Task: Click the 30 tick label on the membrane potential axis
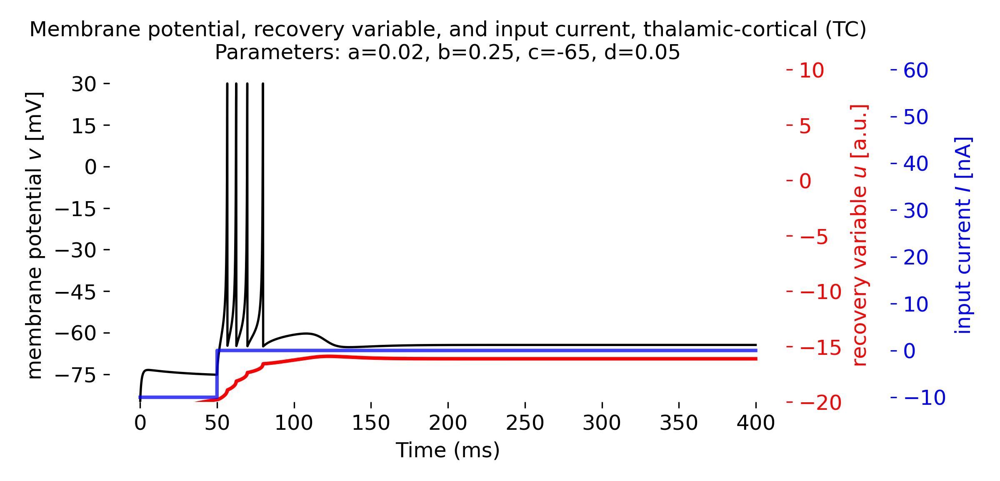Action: click(x=83, y=85)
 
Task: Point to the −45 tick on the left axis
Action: click(x=107, y=292)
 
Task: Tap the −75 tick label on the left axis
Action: click(x=75, y=376)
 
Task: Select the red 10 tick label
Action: click(x=811, y=70)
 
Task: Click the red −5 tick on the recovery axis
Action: click(x=790, y=236)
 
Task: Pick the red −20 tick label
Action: click(x=820, y=403)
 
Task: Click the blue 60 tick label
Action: click(x=915, y=70)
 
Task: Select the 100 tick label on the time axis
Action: click(x=294, y=423)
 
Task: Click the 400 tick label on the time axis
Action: click(x=755, y=423)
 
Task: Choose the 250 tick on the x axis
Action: click(x=525, y=405)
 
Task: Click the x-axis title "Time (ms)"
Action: click(x=447, y=450)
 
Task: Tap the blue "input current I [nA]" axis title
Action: click(x=963, y=235)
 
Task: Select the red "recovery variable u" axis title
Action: click(x=860, y=235)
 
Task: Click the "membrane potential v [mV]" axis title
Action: click(x=34, y=235)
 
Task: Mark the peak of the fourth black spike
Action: click(x=263, y=84)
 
